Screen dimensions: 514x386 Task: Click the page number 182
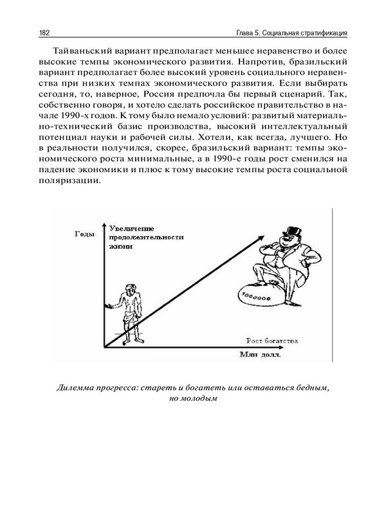[x=45, y=32]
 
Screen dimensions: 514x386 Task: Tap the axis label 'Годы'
[x=84, y=234]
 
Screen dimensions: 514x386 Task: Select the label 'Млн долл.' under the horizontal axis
[x=261, y=354]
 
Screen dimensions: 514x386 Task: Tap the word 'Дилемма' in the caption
[x=75, y=387]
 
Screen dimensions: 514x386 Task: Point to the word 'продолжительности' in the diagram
[x=147, y=237]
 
